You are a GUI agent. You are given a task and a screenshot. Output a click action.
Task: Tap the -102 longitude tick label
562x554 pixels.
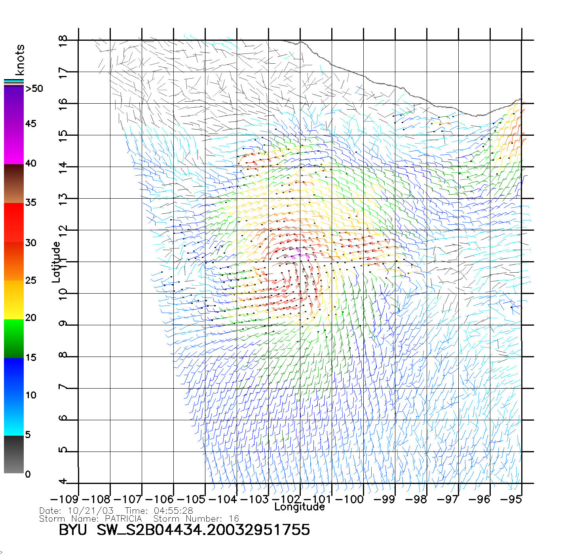pyautogui.click(x=286, y=499)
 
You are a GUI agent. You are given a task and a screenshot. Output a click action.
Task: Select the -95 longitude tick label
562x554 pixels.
pyautogui.click(x=511, y=499)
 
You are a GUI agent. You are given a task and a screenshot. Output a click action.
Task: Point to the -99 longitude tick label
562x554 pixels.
pyautogui.click(x=384, y=499)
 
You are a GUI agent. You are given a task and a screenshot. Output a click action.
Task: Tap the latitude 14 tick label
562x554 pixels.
pyautogui.click(x=63, y=167)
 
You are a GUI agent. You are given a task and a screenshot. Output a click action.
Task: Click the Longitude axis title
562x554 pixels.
pyautogui.click(x=300, y=507)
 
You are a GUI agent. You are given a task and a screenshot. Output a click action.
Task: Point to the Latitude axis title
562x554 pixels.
pyautogui.click(x=56, y=262)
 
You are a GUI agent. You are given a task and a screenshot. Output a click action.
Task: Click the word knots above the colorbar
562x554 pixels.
pyautogui.click(x=20, y=60)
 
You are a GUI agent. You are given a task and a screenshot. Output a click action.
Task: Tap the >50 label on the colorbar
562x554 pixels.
pyautogui.click(x=34, y=89)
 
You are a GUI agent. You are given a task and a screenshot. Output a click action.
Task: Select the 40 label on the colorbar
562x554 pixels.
pyautogui.click(x=30, y=163)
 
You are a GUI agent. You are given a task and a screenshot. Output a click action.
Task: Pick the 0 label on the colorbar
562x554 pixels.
pyautogui.click(x=28, y=474)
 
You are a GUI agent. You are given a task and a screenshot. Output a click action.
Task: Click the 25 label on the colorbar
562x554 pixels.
pyautogui.click(x=30, y=281)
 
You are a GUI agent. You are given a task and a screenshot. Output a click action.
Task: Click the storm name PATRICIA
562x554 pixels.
pyautogui.click(x=123, y=518)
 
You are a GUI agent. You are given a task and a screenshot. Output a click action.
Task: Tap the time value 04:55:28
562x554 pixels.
pyautogui.click(x=173, y=511)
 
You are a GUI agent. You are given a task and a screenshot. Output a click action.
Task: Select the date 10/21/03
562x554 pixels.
pyautogui.click(x=91, y=511)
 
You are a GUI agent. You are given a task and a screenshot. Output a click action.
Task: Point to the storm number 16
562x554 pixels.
pyautogui.click(x=234, y=518)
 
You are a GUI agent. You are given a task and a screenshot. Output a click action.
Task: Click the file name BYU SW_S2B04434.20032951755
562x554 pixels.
pyautogui.click(x=184, y=530)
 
